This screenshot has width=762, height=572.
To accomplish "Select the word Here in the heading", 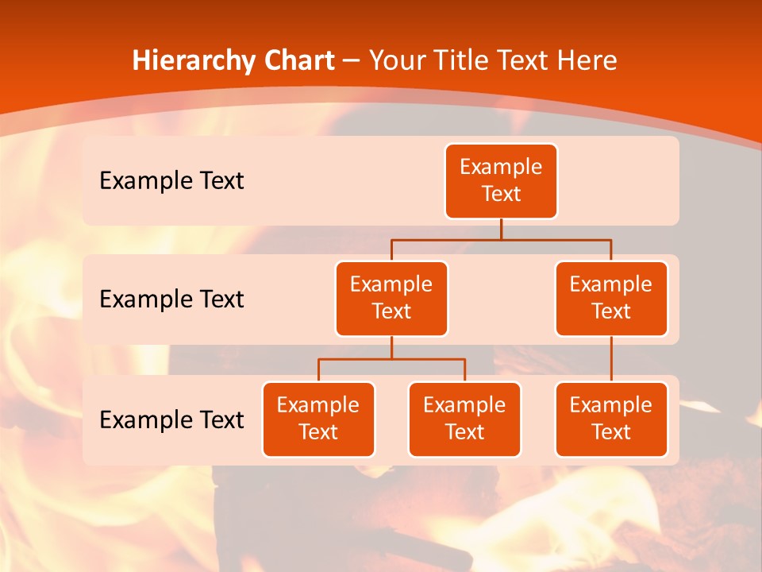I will [x=587, y=60].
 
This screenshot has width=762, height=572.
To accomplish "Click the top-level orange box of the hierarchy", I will [x=501, y=181].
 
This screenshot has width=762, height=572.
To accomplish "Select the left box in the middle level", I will [x=391, y=299].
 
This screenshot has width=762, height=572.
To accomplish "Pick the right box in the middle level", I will [x=611, y=299].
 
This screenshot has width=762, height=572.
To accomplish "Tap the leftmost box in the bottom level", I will [x=318, y=419].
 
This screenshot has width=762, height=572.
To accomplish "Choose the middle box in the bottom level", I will [x=464, y=419].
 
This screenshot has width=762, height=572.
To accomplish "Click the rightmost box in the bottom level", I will [x=611, y=419].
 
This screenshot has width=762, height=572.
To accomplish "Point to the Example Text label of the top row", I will [x=171, y=181].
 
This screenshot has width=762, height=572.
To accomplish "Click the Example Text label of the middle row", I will [x=171, y=300].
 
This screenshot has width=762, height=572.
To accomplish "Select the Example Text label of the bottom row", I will [x=171, y=419].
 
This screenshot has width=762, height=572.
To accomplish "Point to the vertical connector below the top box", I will [x=501, y=229].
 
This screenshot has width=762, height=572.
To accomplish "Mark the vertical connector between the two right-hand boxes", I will [x=611, y=359].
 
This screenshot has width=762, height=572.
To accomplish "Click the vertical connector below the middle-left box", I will [x=391, y=348].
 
